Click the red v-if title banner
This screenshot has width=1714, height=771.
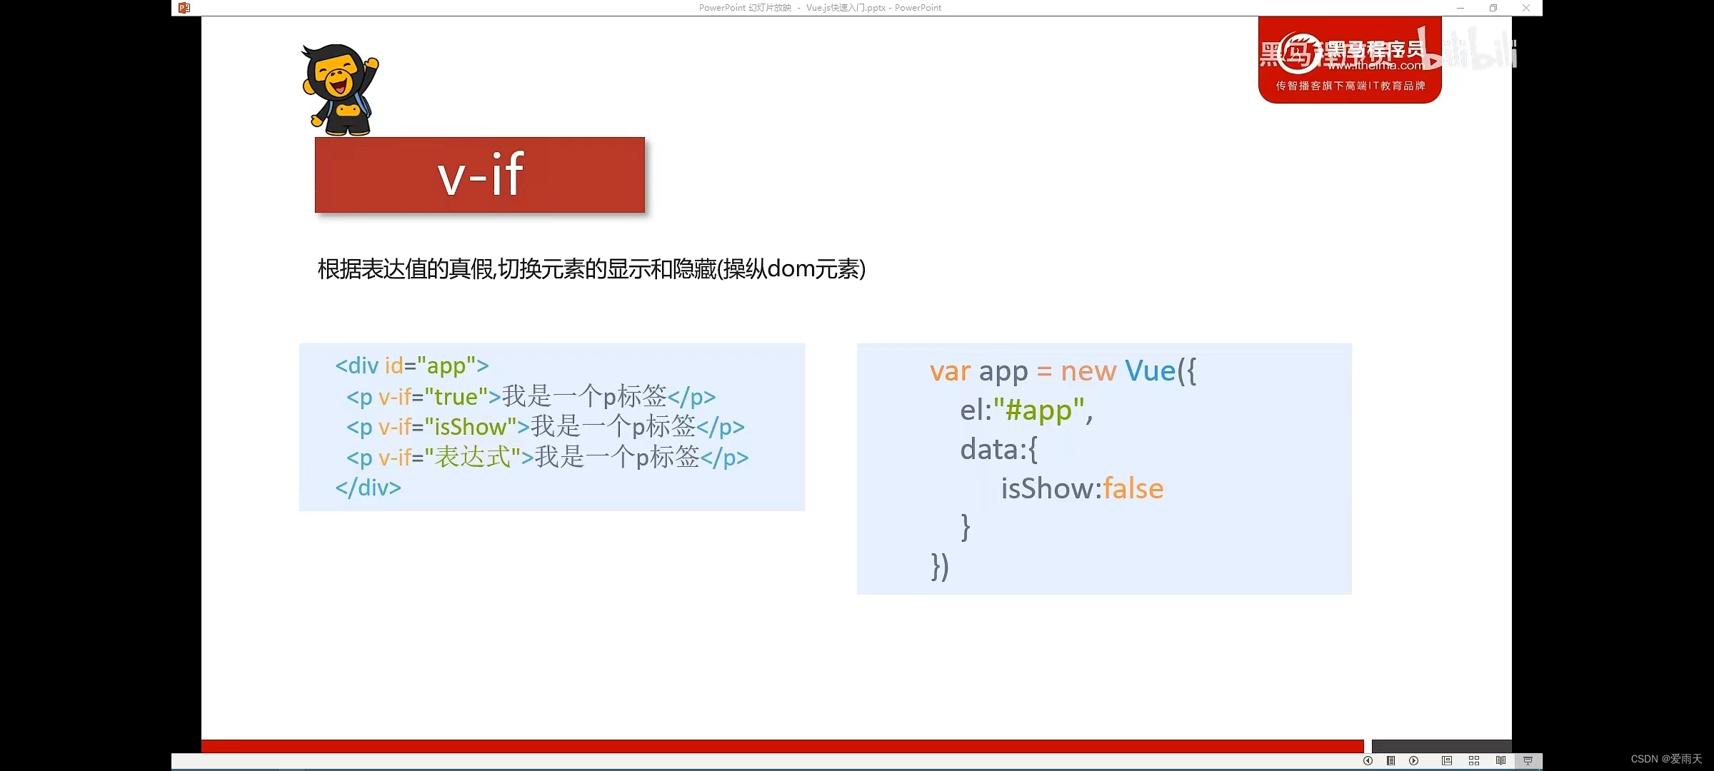click(479, 175)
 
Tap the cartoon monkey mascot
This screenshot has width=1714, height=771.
click(340, 90)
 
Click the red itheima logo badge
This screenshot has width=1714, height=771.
click(1349, 61)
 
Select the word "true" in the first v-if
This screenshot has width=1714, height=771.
click(456, 397)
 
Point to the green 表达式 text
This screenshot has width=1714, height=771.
click(473, 457)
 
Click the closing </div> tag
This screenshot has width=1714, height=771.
click(368, 488)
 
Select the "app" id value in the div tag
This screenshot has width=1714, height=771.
click(446, 366)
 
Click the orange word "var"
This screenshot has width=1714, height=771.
click(950, 371)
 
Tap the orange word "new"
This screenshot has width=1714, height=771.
click(1088, 371)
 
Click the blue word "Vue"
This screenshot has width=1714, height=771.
click(1150, 371)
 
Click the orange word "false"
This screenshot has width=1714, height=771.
click(1133, 489)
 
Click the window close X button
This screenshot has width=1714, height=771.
click(1526, 8)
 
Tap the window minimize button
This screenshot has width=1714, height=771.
click(1460, 8)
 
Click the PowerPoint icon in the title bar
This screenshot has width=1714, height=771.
click(184, 8)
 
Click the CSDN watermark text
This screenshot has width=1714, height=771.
click(1666, 759)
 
